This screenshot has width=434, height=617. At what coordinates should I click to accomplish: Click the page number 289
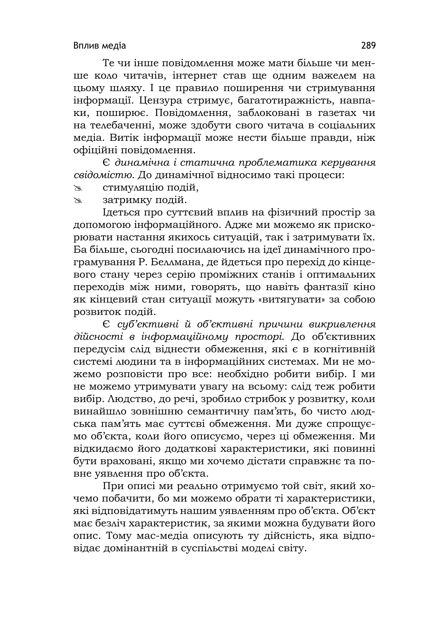pos(368,46)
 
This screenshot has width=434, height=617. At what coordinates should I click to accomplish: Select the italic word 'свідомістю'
pos(104,175)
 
